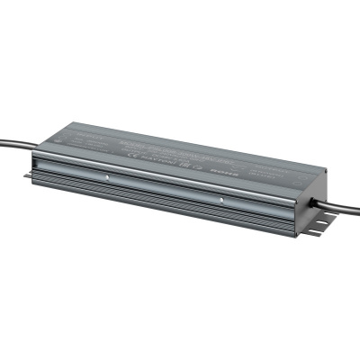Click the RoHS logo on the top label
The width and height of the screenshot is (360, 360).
237,166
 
